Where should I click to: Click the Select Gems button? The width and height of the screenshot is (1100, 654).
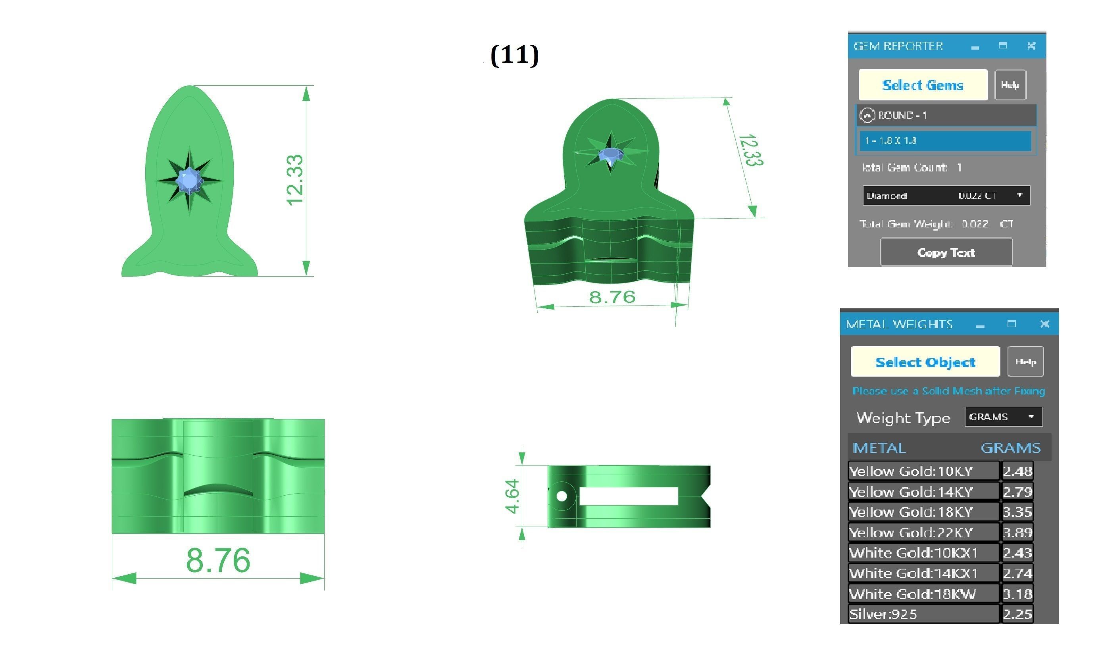922,85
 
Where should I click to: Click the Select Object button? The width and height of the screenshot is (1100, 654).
925,362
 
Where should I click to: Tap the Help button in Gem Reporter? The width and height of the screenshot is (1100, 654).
1010,85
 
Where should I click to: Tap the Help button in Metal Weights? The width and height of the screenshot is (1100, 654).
1025,362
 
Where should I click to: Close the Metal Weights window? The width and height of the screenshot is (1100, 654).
1044,324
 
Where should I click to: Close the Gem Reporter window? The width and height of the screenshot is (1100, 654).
1031,45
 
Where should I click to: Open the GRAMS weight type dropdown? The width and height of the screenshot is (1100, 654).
1003,416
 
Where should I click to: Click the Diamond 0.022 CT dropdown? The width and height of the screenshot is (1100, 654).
946,196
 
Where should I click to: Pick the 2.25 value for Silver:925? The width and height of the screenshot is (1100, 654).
1017,614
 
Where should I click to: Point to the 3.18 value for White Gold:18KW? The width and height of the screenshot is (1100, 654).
1017,594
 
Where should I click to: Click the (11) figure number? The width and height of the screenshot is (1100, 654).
514,55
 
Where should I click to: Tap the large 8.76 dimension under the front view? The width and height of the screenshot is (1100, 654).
218,560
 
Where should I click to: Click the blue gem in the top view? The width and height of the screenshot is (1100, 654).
189,180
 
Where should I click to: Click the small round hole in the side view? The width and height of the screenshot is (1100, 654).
562,496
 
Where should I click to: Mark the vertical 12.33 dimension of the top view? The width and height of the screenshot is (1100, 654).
295,180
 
